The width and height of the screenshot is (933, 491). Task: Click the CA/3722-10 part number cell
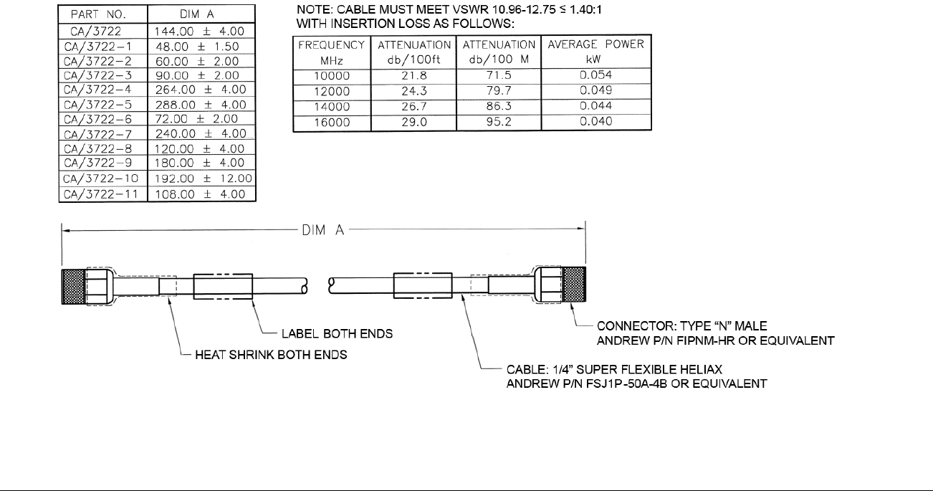[x=101, y=178]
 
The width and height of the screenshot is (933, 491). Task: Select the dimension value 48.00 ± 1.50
[x=197, y=47]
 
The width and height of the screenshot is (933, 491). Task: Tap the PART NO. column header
[x=98, y=14]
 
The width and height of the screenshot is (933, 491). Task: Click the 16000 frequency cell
[x=332, y=123]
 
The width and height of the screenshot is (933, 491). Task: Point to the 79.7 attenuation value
[x=499, y=91]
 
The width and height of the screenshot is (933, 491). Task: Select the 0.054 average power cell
[x=596, y=75]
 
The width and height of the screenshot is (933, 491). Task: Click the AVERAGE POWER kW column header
[x=596, y=52]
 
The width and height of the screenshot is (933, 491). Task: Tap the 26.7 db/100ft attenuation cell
[x=414, y=107]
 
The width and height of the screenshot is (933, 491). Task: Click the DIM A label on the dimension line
[x=323, y=230]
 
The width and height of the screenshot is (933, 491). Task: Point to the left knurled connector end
[x=73, y=286]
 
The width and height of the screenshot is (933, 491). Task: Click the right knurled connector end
[x=574, y=285]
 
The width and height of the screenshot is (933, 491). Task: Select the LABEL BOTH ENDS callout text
[x=337, y=334]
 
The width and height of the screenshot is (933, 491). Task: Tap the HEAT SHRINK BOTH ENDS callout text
[x=271, y=355]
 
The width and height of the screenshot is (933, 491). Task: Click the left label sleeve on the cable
[x=223, y=286]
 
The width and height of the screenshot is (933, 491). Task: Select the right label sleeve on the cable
[x=423, y=285]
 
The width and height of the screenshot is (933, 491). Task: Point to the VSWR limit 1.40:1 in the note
[x=585, y=9]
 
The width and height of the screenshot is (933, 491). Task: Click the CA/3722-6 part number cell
[x=97, y=120]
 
